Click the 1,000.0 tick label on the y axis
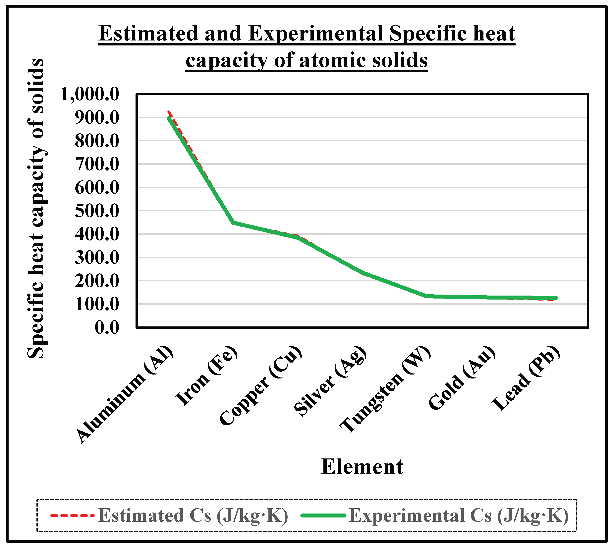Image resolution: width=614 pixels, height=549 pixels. coord(90,94)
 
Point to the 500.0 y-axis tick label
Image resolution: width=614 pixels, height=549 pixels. coord(97,211)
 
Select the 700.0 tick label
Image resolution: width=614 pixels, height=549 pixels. coord(97,164)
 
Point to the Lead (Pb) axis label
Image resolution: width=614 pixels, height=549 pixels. coord(526,378)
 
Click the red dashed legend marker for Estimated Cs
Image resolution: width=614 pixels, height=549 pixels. coord(72,515)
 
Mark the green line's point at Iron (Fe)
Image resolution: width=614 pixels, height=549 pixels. coord(233,223)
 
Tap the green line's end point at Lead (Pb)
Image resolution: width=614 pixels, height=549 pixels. coord(556,298)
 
